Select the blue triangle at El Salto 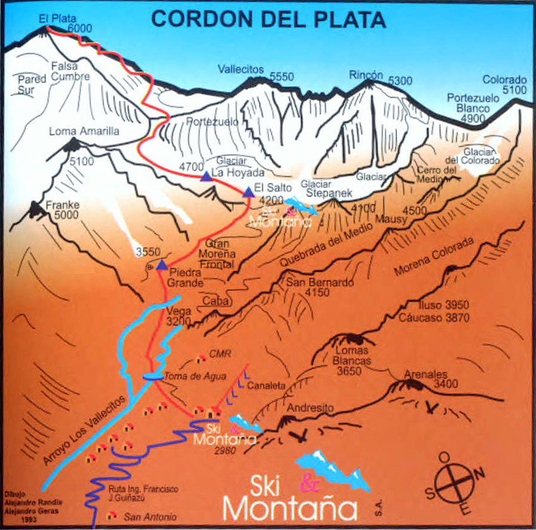pyautogui.click(x=248, y=192)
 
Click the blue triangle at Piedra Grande pyautogui.click(x=161, y=264)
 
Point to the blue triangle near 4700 pyautogui.click(x=206, y=176)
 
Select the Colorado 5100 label pyautogui.click(x=504, y=84)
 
